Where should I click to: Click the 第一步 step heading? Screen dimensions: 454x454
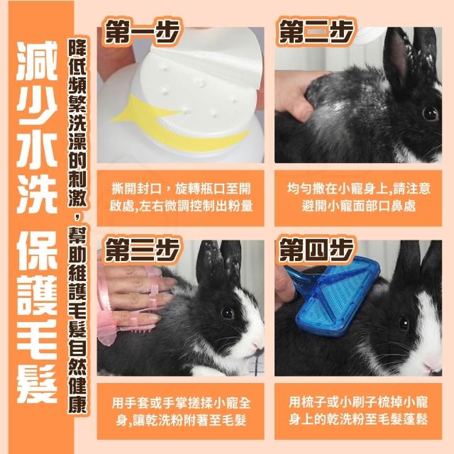(142, 31)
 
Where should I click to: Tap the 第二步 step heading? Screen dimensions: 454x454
(316, 31)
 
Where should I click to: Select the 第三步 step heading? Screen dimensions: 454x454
(142, 250)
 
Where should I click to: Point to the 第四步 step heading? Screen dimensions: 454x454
(316, 250)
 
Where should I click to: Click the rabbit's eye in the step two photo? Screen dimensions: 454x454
(430, 113)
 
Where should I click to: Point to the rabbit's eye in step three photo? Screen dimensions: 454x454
(227, 313)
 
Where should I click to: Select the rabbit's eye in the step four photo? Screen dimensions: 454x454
(404, 323)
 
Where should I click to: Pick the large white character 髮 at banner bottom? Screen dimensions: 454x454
(37, 384)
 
